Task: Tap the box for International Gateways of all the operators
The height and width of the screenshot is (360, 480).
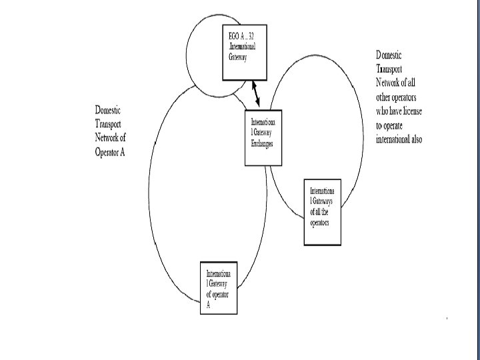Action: (322, 212)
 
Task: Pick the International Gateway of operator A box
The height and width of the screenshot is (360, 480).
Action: (219, 288)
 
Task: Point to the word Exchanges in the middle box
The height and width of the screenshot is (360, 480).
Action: (262, 144)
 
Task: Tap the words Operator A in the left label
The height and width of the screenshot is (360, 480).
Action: (110, 152)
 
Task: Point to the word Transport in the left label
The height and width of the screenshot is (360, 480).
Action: (108, 124)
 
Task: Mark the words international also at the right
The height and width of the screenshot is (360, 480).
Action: (399, 139)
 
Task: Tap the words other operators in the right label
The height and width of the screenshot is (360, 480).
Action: (399, 97)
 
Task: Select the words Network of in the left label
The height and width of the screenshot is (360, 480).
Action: (111, 138)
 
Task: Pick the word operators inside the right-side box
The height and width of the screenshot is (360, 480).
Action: (319, 221)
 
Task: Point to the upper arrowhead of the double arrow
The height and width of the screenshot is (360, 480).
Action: (253, 83)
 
